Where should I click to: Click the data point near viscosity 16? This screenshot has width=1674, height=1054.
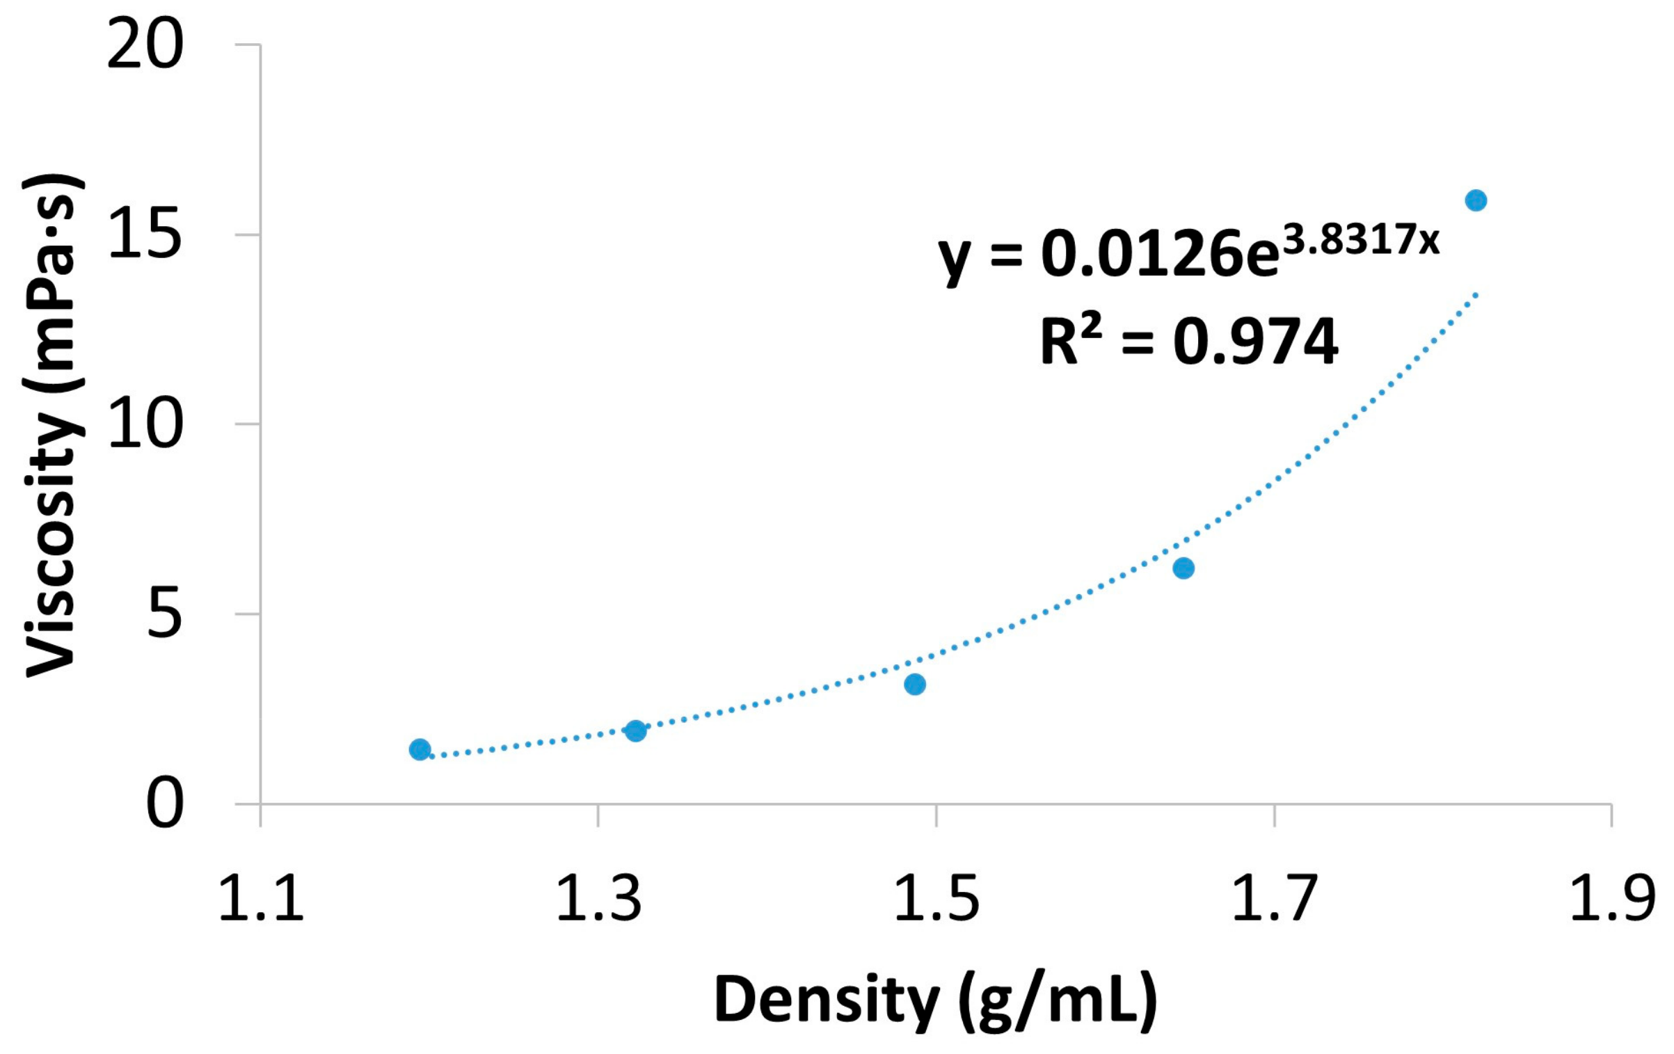1476,200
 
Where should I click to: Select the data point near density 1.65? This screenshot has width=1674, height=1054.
1183,568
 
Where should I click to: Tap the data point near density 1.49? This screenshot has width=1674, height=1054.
915,685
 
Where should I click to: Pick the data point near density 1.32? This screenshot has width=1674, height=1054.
635,731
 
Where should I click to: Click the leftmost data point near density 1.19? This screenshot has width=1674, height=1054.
420,749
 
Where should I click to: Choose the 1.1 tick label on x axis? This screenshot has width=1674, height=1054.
261,897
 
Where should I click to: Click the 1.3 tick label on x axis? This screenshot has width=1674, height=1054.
598,897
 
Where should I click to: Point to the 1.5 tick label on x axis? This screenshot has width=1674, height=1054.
936,897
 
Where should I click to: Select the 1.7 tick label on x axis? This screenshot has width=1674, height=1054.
1274,897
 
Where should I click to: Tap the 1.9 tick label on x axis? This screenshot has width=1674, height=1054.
1611,897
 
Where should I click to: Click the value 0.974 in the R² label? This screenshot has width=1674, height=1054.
1256,342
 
